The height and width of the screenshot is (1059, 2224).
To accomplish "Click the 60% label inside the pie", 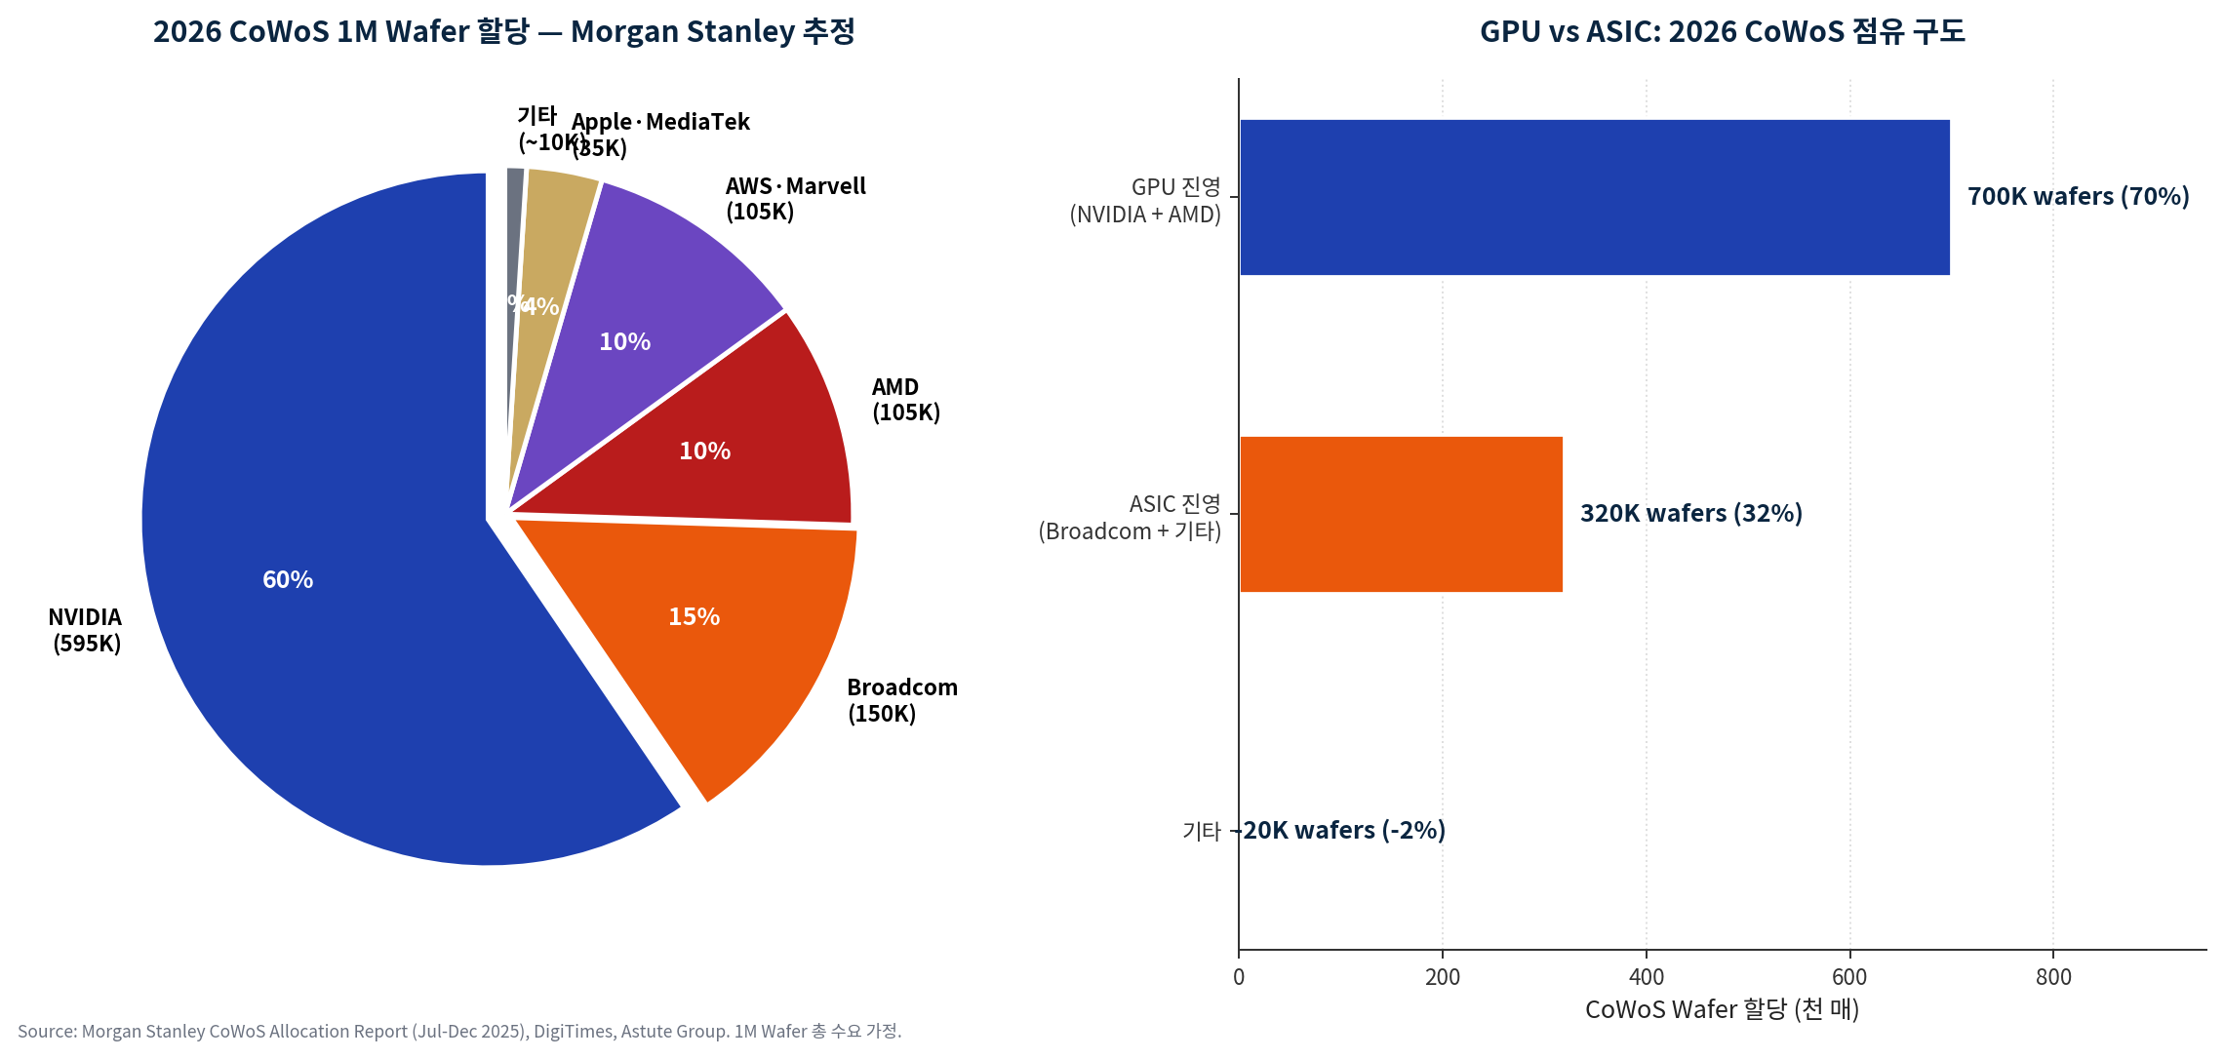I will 288,580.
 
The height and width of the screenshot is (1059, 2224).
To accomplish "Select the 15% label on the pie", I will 694,617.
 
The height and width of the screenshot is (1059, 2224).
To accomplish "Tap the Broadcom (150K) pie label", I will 901,700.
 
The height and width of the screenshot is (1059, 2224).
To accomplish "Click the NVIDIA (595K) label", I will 86,630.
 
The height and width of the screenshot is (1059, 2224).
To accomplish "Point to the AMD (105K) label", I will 905,400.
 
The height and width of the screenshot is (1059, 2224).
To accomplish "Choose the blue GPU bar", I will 1594,197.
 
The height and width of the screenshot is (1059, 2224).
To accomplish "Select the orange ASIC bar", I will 1401,514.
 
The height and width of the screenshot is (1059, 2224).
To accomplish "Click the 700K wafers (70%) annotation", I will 2078,197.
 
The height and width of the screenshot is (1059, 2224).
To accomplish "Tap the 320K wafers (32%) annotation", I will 1690,514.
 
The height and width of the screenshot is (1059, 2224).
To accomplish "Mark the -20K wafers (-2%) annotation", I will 1342,831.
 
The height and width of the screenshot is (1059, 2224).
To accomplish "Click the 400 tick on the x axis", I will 1646,977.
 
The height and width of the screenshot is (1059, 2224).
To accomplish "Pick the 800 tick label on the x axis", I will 2052,977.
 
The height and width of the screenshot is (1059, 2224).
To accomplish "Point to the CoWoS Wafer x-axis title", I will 1722,1009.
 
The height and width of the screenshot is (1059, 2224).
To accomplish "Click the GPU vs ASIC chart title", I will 1722,31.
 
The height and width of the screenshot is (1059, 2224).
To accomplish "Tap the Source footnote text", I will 458,1032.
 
